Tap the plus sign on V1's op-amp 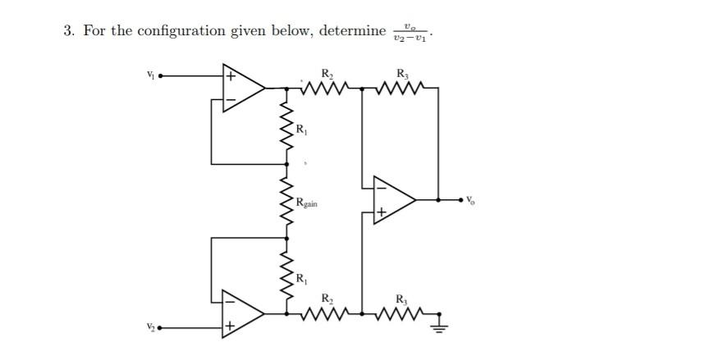231,77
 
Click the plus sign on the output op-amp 381,212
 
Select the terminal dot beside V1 161,77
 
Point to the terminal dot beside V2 161,327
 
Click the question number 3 67,31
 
